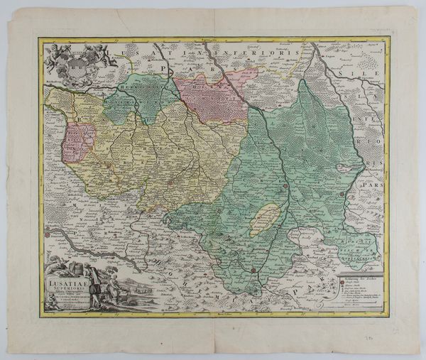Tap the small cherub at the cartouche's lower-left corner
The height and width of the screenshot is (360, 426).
tap(50, 303)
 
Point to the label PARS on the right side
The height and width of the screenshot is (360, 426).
tap(371, 190)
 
